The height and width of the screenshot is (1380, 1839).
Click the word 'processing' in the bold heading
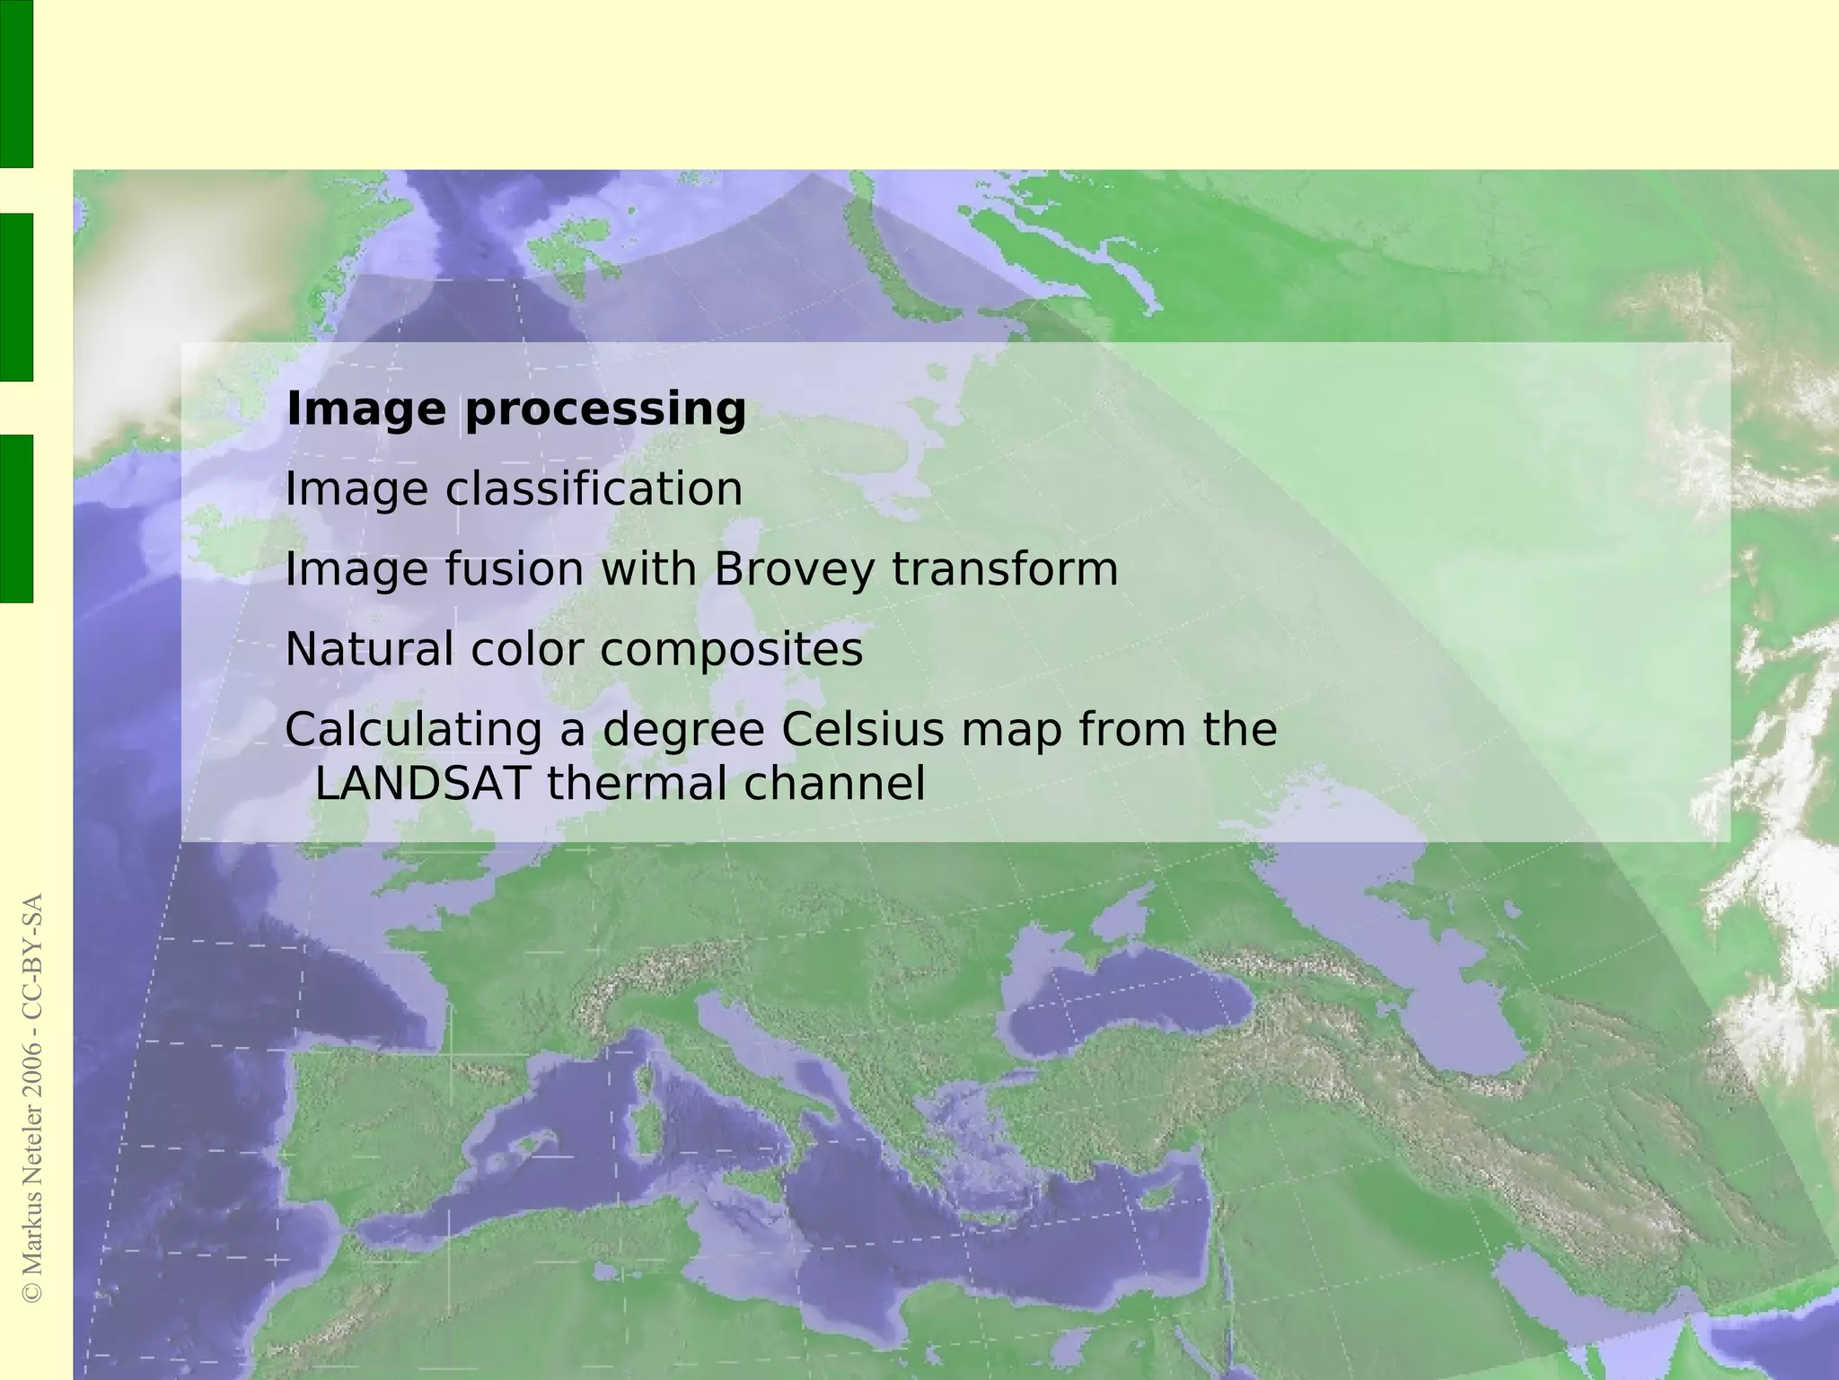605,409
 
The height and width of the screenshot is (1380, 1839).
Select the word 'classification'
594,489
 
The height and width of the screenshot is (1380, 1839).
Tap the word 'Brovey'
793,569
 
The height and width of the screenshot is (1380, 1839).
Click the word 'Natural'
369,649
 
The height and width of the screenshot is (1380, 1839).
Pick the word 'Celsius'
863,729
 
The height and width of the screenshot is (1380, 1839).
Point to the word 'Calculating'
414,729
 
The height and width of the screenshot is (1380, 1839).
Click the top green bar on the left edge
16,84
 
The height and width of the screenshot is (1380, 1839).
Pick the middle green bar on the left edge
16,297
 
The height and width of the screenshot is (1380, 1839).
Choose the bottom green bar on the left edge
16,518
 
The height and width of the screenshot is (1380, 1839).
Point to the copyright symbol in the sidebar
32,1292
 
